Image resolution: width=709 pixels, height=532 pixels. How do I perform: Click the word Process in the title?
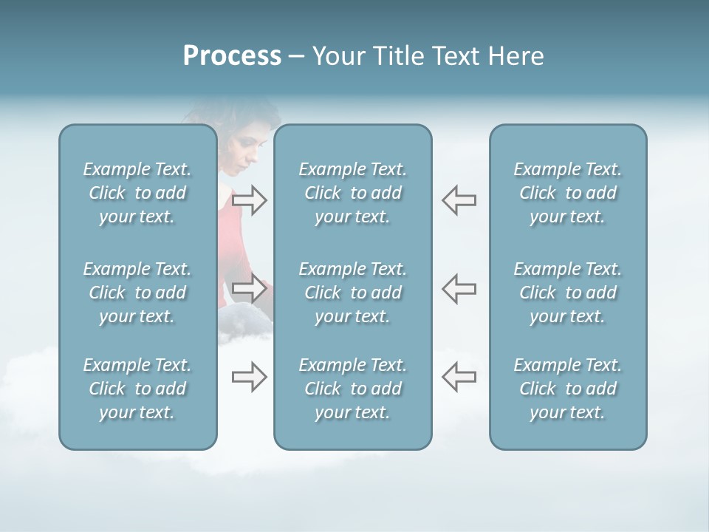tap(232, 56)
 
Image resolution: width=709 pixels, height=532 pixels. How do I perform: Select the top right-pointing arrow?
tap(249, 200)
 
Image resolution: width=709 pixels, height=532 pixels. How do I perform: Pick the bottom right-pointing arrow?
tap(249, 377)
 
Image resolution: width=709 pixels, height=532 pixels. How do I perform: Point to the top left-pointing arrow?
tap(459, 200)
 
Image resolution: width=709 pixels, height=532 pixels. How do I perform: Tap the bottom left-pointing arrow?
tap(459, 377)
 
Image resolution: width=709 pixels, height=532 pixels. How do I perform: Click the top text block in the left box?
tap(137, 193)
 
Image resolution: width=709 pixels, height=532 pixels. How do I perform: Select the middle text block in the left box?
tap(137, 293)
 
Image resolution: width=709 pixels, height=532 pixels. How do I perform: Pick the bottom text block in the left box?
tap(137, 389)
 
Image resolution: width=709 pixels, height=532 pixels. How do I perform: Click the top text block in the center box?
tap(352, 193)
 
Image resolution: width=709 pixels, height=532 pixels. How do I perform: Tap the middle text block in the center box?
tap(352, 293)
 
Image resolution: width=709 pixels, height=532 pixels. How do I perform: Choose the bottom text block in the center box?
tap(352, 389)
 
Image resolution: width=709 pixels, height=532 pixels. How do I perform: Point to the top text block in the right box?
tap(567, 193)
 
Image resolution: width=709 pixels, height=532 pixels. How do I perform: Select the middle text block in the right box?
tap(567, 293)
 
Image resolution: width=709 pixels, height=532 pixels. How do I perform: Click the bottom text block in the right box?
tap(567, 389)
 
